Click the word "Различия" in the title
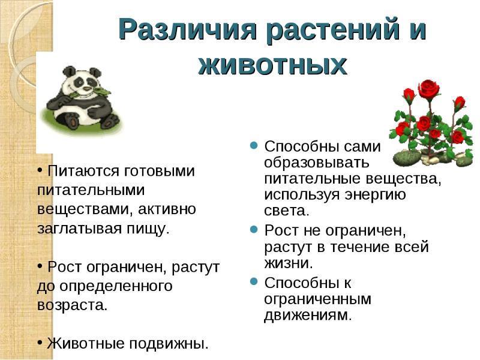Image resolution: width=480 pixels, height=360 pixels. [187, 29]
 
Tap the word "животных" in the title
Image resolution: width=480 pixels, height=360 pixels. [272, 65]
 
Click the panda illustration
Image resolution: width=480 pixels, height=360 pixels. [83, 98]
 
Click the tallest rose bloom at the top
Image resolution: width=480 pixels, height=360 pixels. [428, 89]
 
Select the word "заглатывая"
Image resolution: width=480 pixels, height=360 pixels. [80, 229]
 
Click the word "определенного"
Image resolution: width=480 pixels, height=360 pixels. [116, 287]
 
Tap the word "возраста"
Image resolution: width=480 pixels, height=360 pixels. [72, 305]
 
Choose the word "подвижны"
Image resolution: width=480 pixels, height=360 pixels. [168, 344]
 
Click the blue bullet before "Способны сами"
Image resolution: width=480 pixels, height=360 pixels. [253, 145]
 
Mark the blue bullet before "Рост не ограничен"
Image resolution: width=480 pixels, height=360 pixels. [253, 229]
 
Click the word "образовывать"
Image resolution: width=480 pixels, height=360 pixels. [317, 163]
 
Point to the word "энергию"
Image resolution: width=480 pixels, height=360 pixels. [376, 194]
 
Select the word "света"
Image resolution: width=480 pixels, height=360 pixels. [287, 211]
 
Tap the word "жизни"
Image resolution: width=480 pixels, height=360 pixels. [289, 263]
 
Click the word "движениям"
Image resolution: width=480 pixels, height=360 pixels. [308, 316]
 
